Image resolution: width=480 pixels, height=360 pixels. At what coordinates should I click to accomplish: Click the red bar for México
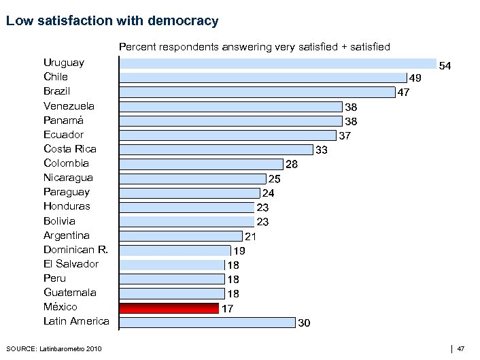[x=169, y=308]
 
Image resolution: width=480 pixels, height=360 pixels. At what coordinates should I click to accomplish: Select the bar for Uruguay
[x=278, y=63]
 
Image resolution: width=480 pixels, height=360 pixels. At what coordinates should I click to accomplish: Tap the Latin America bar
[x=207, y=322]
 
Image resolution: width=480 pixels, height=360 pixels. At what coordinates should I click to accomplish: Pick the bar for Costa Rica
[x=216, y=149]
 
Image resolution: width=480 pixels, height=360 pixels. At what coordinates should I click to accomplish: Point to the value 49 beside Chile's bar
[x=415, y=78]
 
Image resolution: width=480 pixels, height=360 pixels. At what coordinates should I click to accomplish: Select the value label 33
[x=322, y=150]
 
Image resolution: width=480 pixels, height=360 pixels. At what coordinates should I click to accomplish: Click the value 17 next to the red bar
[x=228, y=309]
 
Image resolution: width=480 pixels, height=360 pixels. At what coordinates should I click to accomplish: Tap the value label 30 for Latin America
[x=305, y=323]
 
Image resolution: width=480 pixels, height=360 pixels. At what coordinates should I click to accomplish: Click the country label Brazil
[x=57, y=91]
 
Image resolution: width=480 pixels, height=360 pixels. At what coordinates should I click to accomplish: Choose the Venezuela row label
[x=69, y=106]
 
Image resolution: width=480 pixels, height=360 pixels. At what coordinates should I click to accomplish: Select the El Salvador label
[x=71, y=264]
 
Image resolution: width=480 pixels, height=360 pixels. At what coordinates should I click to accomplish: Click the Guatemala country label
[x=70, y=293]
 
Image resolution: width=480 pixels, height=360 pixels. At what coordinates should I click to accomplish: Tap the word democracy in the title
[x=184, y=22]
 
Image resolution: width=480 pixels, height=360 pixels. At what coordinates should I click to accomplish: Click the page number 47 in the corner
[x=460, y=349]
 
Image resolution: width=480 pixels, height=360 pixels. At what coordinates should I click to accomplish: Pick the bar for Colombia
[x=201, y=164]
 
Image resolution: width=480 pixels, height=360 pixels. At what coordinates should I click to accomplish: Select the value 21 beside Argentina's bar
[x=250, y=237]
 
